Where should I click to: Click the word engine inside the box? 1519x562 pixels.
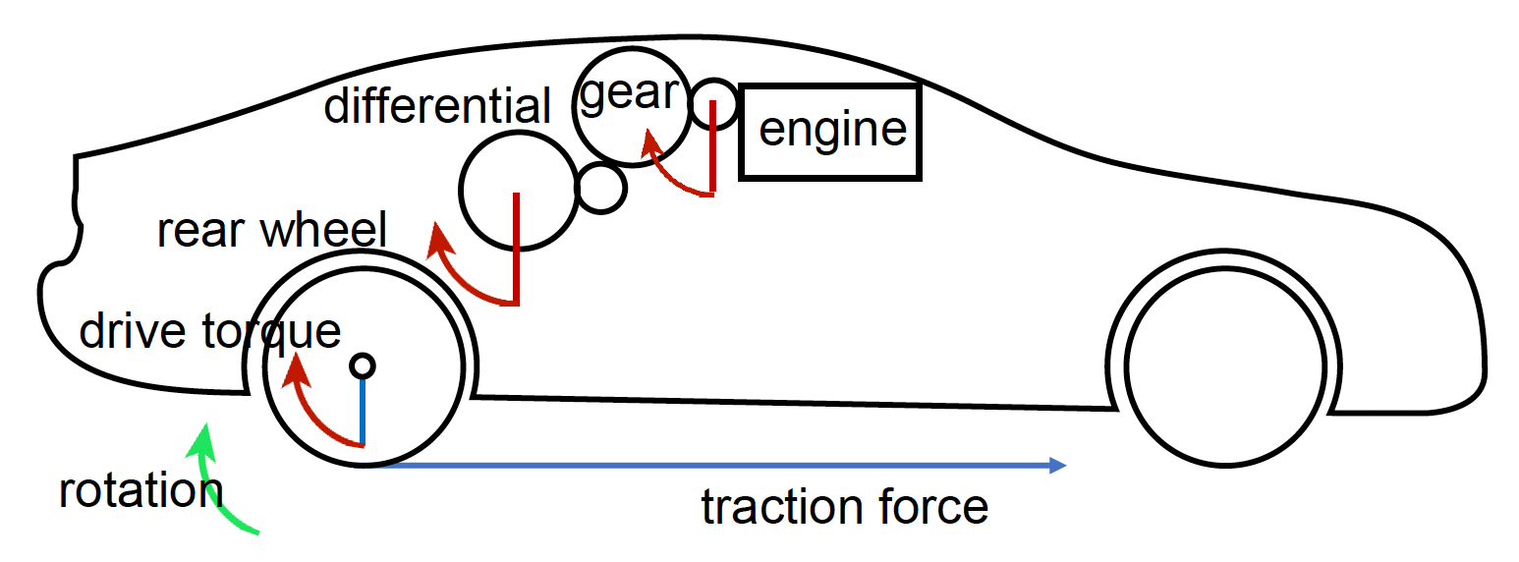(832, 130)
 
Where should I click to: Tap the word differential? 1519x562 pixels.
(438, 105)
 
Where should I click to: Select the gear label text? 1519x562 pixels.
(630, 92)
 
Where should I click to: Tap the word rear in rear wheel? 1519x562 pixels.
(194, 231)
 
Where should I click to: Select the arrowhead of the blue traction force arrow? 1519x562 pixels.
(1058, 466)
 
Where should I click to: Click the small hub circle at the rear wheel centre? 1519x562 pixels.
(363, 365)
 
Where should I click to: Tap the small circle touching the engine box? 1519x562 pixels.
(712, 103)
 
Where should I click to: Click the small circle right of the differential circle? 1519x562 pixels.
(599, 187)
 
